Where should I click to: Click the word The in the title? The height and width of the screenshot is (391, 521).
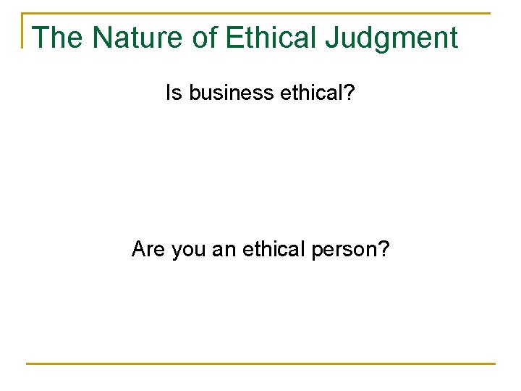point(56,37)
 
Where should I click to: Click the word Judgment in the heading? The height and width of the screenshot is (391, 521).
point(391,38)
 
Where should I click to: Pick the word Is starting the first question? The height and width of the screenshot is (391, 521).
point(173,93)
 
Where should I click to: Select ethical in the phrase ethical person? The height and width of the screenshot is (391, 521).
point(274,250)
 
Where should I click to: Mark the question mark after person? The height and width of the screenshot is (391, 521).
point(384,250)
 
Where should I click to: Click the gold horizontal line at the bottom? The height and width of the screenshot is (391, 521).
point(260,363)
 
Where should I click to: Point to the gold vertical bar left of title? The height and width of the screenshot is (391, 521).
point(24,30)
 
